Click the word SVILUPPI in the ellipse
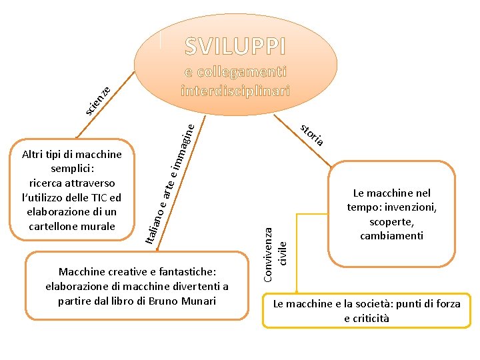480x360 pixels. (235, 46)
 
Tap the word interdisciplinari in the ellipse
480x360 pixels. (235, 90)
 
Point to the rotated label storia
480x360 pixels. (311, 134)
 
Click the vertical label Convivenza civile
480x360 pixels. (274, 253)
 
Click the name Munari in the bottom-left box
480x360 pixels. (199, 301)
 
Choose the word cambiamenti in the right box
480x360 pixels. (391, 236)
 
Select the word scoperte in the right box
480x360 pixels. (391, 221)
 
